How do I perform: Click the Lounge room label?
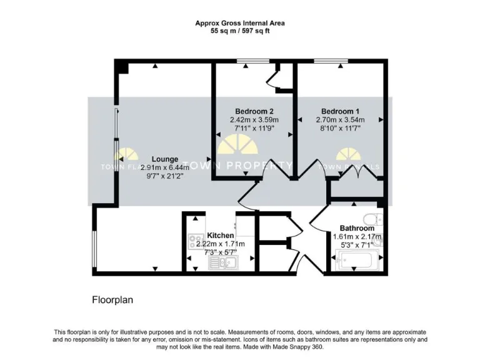coord(165,159)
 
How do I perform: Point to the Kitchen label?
coord(220,236)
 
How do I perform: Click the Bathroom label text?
coord(357,228)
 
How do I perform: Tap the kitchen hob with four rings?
coord(194,242)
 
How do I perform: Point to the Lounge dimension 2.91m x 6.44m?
coord(165,167)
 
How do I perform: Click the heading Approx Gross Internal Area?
coord(240,22)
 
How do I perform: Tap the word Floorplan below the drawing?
coord(112,300)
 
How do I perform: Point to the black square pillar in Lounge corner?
coord(122,66)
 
